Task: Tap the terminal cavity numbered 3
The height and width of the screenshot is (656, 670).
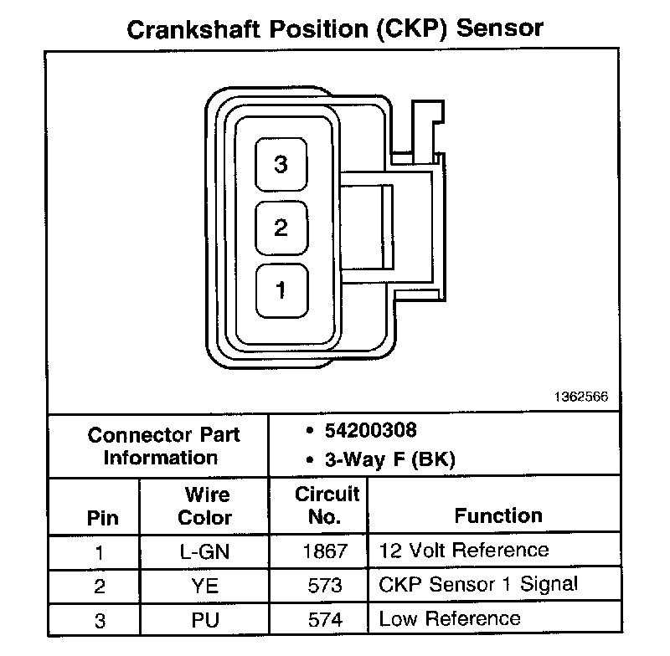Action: (x=281, y=165)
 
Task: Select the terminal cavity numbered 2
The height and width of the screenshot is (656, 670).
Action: (x=281, y=228)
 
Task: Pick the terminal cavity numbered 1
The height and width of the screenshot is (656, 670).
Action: (x=281, y=290)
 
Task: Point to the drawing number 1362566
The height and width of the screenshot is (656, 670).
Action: (x=580, y=398)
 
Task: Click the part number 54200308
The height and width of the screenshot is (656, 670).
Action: (x=370, y=430)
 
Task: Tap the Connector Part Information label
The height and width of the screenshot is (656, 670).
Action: (x=163, y=446)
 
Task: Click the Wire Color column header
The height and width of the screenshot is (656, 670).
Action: (x=204, y=505)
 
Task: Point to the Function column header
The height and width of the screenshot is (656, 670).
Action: (x=498, y=515)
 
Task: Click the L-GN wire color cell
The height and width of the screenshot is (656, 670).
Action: (x=204, y=551)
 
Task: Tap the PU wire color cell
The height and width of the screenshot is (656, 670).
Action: (x=204, y=620)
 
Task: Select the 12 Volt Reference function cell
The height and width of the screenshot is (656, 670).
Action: (x=464, y=551)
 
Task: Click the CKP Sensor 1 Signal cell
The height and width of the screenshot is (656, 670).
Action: (x=478, y=585)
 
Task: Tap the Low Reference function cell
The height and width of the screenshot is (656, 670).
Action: (x=450, y=619)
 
